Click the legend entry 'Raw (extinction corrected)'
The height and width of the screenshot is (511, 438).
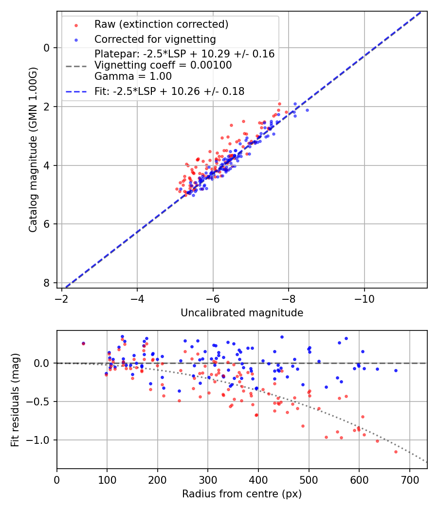pyautogui.click(x=161, y=24)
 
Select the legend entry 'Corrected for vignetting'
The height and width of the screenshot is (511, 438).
pyautogui.click(x=155, y=39)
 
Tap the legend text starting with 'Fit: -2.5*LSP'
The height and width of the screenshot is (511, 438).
pyautogui.click(x=169, y=91)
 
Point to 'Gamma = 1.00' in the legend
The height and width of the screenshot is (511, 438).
pyautogui.click(x=133, y=76)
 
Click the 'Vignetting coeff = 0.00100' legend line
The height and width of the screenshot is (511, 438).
pyautogui.click(x=163, y=65)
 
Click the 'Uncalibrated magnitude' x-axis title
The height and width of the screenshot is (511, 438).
pyautogui.click(x=242, y=313)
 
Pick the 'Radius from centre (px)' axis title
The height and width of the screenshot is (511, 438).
pyautogui.click(x=242, y=494)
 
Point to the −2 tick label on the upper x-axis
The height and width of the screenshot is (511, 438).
pyautogui.click(x=62, y=298)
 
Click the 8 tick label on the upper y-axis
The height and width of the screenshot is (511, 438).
pyautogui.click(x=47, y=283)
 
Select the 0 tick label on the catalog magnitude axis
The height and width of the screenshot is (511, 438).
pyautogui.click(x=47, y=48)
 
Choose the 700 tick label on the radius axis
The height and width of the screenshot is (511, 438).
pyautogui.click(x=409, y=479)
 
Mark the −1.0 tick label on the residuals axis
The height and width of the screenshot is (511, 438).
pyautogui.click(x=39, y=440)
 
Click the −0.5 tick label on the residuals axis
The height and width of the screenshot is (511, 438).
pyautogui.click(x=39, y=401)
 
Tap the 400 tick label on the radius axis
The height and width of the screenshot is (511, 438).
pyautogui.click(x=258, y=479)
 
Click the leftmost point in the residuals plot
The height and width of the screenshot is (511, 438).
pyautogui.click(x=83, y=343)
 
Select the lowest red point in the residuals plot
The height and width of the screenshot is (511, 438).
pyautogui.click(x=396, y=452)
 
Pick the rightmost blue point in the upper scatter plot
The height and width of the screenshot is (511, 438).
pyautogui.click(x=307, y=110)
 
